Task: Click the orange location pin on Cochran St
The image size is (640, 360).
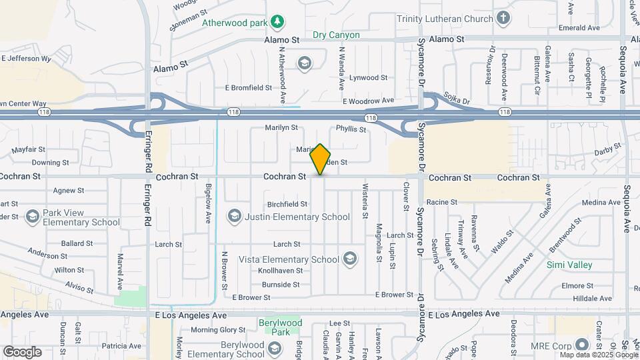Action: coord(321,159)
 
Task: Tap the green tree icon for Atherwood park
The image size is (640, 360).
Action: coord(278,23)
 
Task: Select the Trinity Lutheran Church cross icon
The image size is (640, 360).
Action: coord(503,19)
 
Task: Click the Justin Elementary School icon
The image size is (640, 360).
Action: coord(234,216)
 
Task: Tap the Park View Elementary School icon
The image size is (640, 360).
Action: coord(32,217)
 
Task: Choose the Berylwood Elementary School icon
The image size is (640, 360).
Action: coord(274,348)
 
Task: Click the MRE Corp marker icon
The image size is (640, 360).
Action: coord(582,345)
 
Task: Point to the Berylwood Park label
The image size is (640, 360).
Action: coord(280,327)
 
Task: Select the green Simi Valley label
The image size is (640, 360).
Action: coord(569,265)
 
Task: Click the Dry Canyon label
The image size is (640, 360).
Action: coord(336,35)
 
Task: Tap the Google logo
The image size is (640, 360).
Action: coord(22,352)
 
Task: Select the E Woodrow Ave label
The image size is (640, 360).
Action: coord(369,101)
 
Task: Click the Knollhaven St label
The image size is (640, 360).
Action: coord(281,271)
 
